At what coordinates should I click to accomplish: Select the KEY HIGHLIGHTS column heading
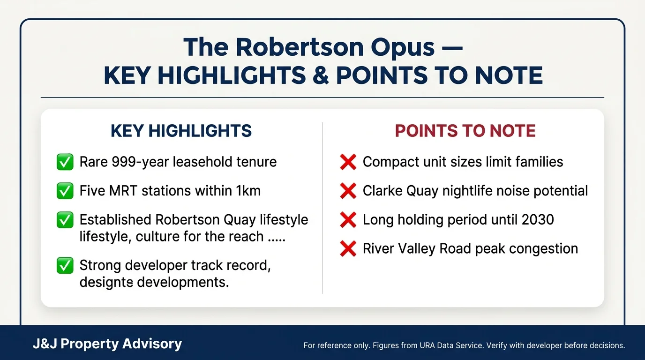pos(181,131)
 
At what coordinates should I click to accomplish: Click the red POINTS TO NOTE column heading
pos(465,131)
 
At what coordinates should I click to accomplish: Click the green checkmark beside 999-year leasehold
pos(65,162)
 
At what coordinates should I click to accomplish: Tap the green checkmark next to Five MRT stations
pos(65,191)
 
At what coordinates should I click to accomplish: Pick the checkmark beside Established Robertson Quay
pos(65,220)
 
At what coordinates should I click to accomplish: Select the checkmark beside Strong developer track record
pos(65,266)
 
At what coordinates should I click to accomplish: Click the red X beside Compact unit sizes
pos(348,162)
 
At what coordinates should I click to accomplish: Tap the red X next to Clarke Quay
pos(348,191)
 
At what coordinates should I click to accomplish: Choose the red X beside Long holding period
pos(348,220)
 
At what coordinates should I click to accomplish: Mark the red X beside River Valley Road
pos(348,249)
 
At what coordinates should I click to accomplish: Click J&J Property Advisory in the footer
pos(107,344)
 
